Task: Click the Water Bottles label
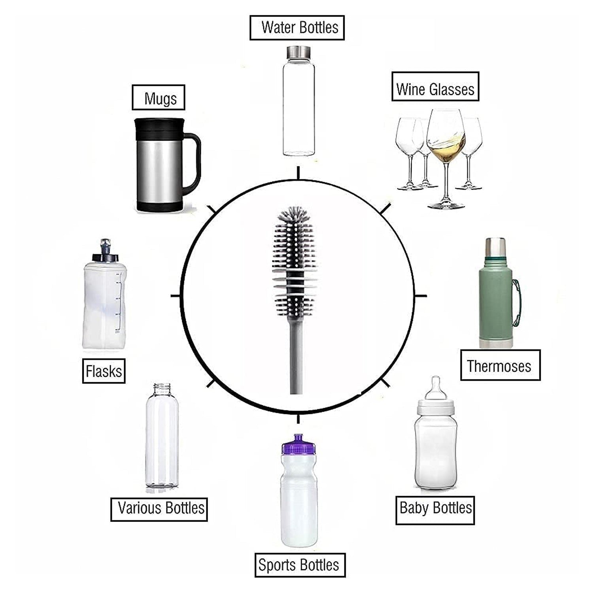(297, 28)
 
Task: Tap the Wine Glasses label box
(435, 87)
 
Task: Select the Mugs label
(159, 98)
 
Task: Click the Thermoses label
(500, 365)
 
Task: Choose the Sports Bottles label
(300, 565)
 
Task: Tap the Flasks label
(104, 371)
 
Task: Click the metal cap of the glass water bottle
(298, 51)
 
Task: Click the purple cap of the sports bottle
(298, 445)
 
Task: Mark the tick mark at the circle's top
(298, 173)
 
